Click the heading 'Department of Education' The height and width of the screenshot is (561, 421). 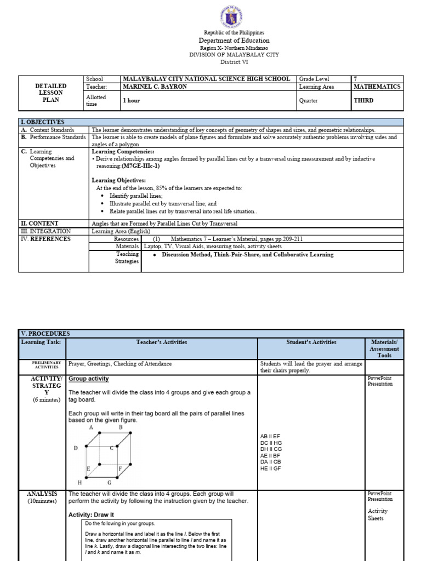(x=234, y=41)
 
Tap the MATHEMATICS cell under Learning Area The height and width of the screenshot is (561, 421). (x=377, y=87)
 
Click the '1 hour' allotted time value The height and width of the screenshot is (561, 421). (x=132, y=101)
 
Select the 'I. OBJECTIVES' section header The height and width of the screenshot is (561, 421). (x=43, y=122)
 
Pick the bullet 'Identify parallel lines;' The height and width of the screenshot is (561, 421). (x=136, y=196)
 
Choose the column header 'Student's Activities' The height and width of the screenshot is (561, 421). (x=311, y=342)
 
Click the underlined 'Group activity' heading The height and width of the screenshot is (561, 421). (x=88, y=379)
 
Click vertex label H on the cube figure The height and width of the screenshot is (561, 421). (x=79, y=482)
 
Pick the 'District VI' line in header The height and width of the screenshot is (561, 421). (x=234, y=62)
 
